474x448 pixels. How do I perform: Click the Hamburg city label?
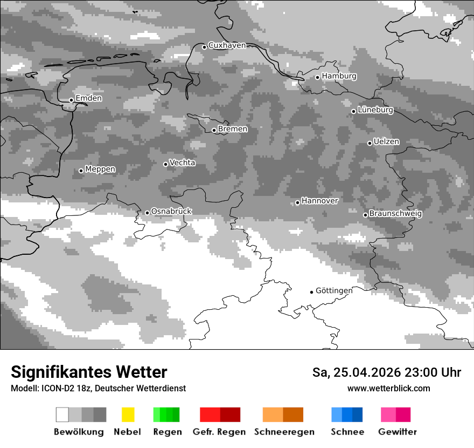click(x=339, y=76)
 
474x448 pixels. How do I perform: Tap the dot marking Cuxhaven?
click(x=204, y=47)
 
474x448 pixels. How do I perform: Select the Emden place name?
click(x=88, y=98)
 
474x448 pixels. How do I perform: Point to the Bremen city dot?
click(x=214, y=130)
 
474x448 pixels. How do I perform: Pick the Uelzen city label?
click(x=386, y=141)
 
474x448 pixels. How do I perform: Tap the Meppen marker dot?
click(x=81, y=171)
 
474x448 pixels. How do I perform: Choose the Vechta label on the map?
click(x=182, y=162)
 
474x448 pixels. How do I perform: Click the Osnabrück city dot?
click(x=147, y=213)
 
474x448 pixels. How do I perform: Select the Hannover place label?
click(x=319, y=201)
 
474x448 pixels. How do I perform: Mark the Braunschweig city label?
click(x=395, y=213)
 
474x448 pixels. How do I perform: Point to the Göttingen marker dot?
click(x=311, y=292)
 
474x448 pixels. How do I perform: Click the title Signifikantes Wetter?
click(x=89, y=372)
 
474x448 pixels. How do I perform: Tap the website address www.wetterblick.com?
click(x=388, y=388)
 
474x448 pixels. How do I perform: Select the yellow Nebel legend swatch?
click(x=128, y=415)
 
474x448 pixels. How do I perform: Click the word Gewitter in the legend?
click(x=397, y=432)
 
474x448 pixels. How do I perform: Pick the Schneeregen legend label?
click(x=284, y=432)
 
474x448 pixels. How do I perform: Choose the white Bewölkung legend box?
click(x=62, y=415)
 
